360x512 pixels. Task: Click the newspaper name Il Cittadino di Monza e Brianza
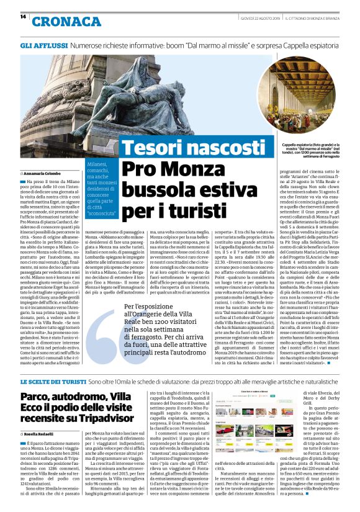(314, 17)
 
